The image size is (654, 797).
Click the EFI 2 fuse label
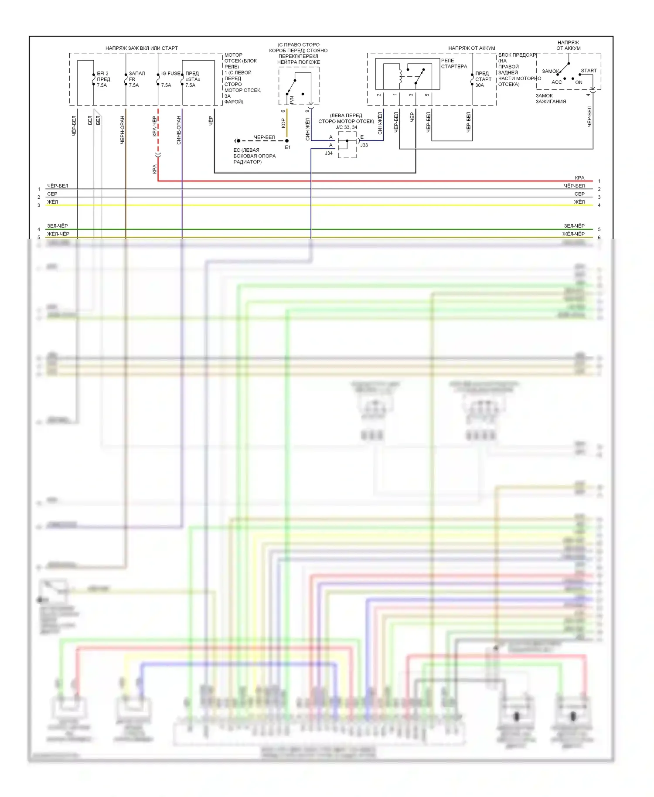[x=102, y=74]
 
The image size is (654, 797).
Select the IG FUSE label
[x=170, y=74]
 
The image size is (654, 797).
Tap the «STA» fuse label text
[x=193, y=79]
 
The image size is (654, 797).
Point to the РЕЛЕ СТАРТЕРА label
[x=453, y=64]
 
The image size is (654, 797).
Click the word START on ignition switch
[x=589, y=71]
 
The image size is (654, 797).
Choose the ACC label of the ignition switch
[x=557, y=82]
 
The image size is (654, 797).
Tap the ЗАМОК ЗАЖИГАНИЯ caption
[x=551, y=99]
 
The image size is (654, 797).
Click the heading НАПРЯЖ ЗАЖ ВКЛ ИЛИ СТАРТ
[x=141, y=48]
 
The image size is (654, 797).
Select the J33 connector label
[x=364, y=145]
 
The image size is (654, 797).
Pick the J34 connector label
[x=329, y=153]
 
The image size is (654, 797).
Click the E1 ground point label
[x=288, y=147]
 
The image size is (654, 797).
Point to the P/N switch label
[x=292, y=100]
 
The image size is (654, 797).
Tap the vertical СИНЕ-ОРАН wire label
[x=179, y=130]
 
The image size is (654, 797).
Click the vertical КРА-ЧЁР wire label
[x=155, y=126]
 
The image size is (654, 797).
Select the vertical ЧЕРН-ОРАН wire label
[x=123, y=129]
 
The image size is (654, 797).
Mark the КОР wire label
[x=283, y=123]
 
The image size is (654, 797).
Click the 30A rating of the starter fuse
[x=480, y=85]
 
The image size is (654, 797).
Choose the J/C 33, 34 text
[x=346, y=127]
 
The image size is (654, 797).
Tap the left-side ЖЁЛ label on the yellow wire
[x=52, y=202]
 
